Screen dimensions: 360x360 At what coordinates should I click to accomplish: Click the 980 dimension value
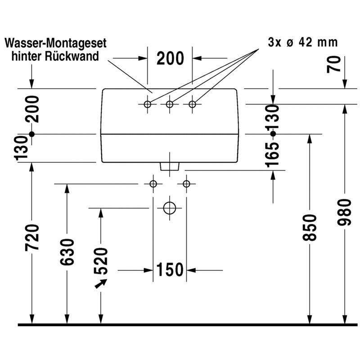click(344, 212)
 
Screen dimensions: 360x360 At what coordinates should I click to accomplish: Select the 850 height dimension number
click(310, 228)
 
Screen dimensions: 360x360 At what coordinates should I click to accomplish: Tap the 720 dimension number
click(32, 237)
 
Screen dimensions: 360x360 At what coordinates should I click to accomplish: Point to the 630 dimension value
click(67, 252)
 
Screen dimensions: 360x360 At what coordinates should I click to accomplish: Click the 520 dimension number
click(101, 261)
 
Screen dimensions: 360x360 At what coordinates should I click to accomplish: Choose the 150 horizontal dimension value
click(170, 269)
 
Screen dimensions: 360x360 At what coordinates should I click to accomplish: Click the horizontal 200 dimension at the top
click(170, 58)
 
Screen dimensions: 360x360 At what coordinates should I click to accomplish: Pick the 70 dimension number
click(334, 64)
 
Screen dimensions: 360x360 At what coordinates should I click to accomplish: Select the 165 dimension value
click(272, 155)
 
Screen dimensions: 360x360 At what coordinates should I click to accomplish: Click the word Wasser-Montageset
click(55, 43)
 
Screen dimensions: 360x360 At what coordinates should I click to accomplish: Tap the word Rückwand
click(72, 56)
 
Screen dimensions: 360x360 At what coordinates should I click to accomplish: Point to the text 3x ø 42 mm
click(303, 42)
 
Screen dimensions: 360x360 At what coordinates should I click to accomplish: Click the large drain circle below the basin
click(170, 208)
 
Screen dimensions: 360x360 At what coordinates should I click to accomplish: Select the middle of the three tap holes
click(170, 104)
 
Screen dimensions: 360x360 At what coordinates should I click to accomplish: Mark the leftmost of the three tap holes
click(148, 104)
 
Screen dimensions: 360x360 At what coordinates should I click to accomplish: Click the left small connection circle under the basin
click(153, 184)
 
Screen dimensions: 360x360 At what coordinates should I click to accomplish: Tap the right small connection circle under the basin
click(186, 184)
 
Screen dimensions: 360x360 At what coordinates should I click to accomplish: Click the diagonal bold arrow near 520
click(101, 283)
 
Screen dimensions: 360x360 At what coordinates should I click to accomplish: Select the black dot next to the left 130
click(31, 134)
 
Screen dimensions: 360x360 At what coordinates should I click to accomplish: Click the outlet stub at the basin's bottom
click(170, 166)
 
